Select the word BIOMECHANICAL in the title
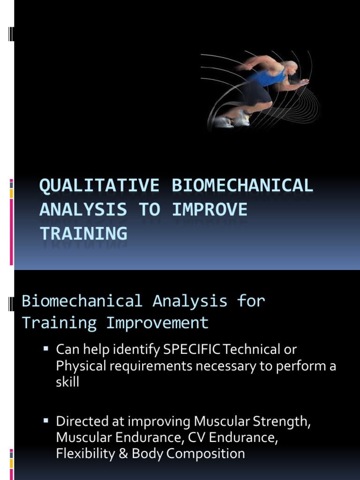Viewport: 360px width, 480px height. tap(242, 186)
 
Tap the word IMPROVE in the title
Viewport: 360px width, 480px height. tap(210, 210)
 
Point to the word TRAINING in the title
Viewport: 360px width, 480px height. tap(83, 233)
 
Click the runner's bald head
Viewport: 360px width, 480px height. tap(291, 67)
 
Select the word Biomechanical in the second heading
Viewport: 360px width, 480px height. tap(82, 301)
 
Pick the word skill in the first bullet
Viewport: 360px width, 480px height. tap(67, 382)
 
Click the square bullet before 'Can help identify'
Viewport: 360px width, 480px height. tap(46, 348)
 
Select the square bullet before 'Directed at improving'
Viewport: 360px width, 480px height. tap(46, 420)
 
